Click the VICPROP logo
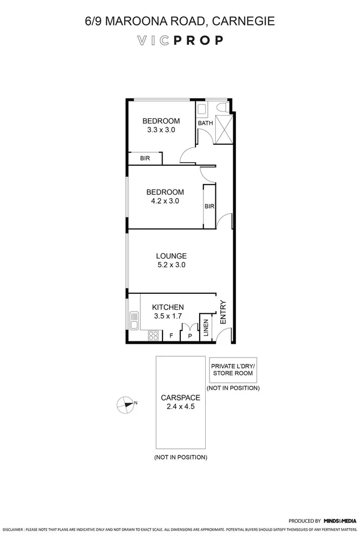[180, 40]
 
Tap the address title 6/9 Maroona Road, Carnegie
[180, 22]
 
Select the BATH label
[205, 123]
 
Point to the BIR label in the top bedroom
[145, 158]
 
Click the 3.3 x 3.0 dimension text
[160, 130]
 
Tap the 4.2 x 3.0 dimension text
[165, 201]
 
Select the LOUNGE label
[171, 256]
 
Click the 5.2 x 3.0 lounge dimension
[171, 265]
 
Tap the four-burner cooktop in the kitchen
[154, 335]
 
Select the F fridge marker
[171, 336]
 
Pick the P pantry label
[189, 336]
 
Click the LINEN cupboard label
[206, 328]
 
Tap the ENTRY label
[223, 313]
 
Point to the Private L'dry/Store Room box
[233, 369]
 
